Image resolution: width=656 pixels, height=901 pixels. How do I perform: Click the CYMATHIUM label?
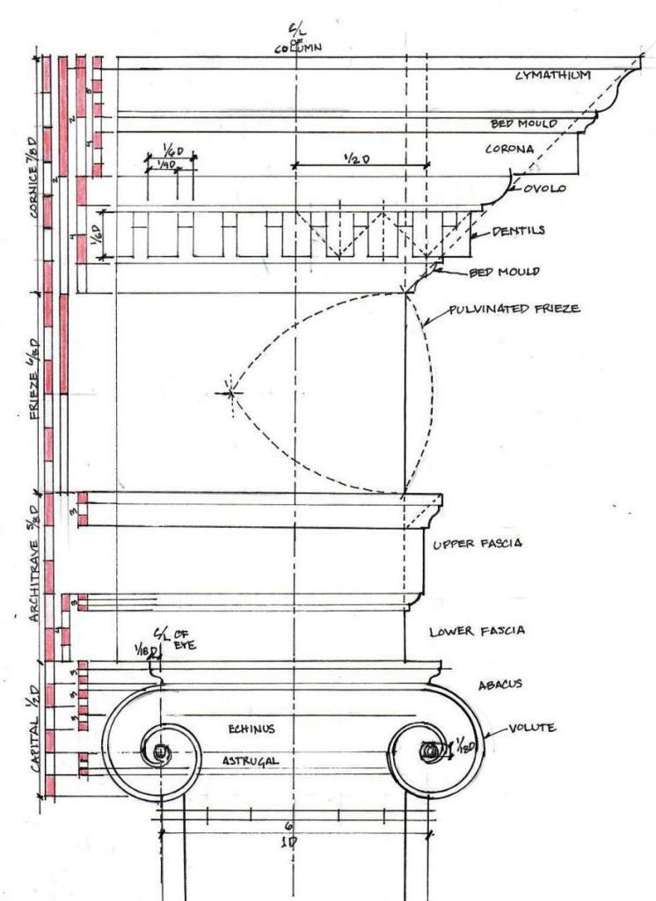pos(553,77)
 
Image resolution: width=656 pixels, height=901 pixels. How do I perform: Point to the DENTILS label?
pos(518,231)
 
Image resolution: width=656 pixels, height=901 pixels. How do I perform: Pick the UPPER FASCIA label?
pos(478,544)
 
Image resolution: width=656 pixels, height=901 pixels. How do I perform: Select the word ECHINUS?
pos(253,729)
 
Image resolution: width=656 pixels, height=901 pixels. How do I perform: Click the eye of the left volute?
pos(160,752)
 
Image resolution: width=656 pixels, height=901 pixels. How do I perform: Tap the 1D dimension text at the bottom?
pos(291,841)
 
